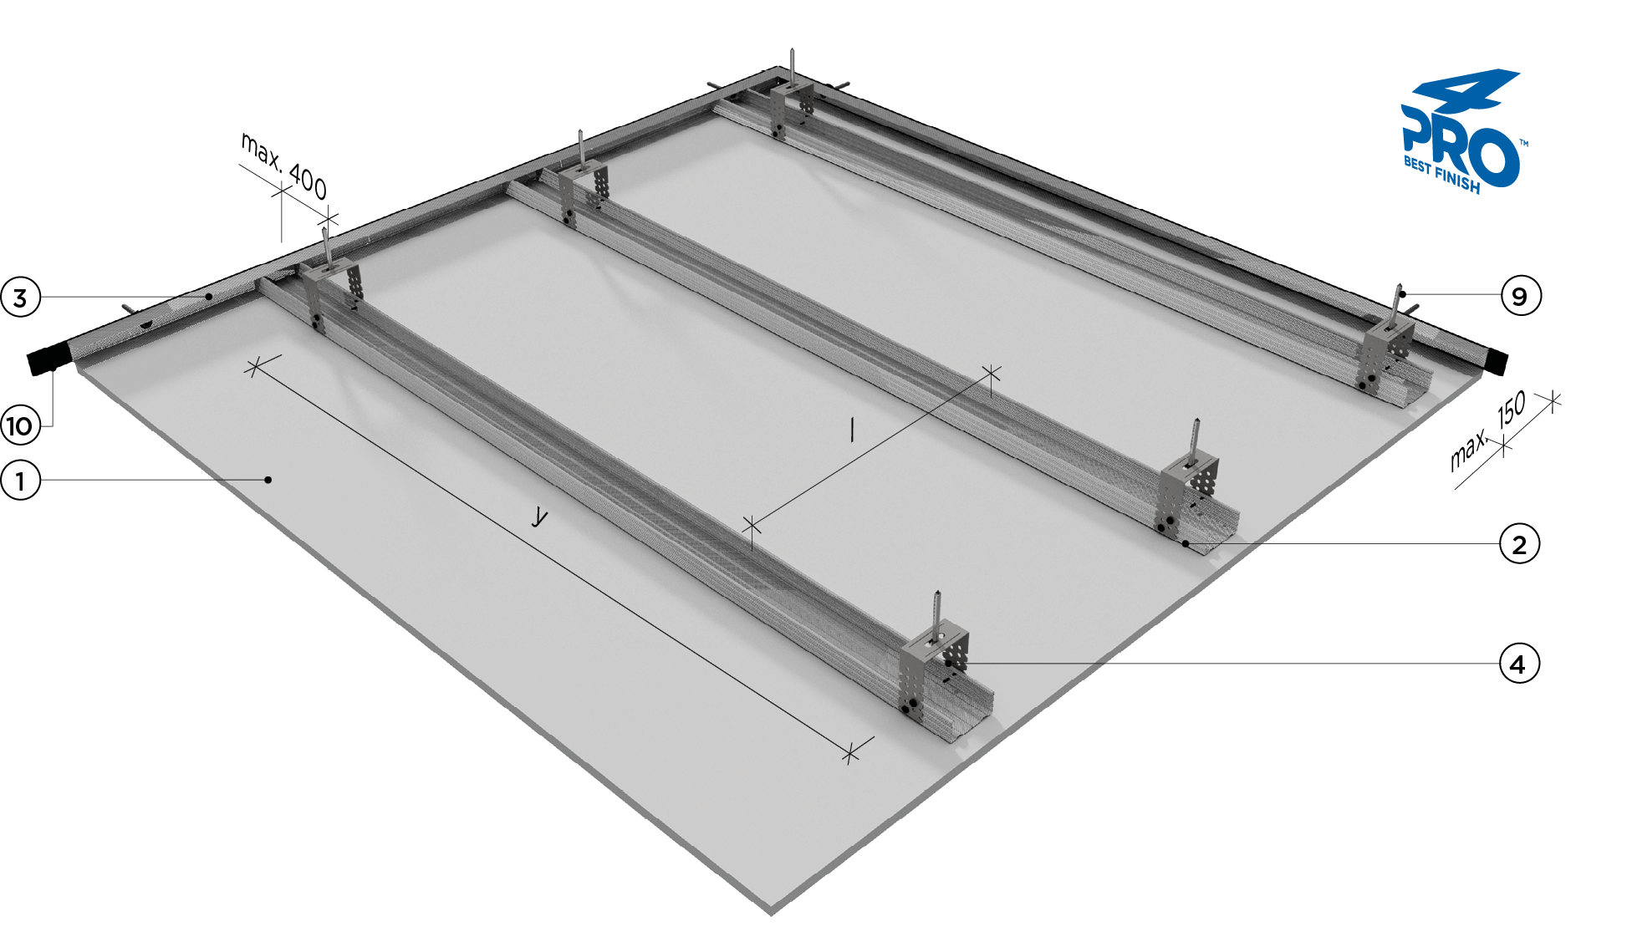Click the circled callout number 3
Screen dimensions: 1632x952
20,297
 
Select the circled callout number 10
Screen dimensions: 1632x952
20,426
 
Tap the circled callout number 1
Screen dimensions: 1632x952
20,481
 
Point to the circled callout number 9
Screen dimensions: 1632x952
1519,296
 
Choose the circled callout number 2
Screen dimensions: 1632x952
1519,544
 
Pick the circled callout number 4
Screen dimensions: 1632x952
1517,664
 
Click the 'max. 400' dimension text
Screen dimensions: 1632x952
283,165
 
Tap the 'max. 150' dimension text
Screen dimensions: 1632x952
1487,430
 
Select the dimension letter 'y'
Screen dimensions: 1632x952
540,517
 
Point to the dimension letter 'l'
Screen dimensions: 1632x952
852,430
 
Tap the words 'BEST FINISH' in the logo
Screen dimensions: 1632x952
1441,174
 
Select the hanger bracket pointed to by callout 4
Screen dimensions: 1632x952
934,669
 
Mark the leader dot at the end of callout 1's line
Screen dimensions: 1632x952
268,480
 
